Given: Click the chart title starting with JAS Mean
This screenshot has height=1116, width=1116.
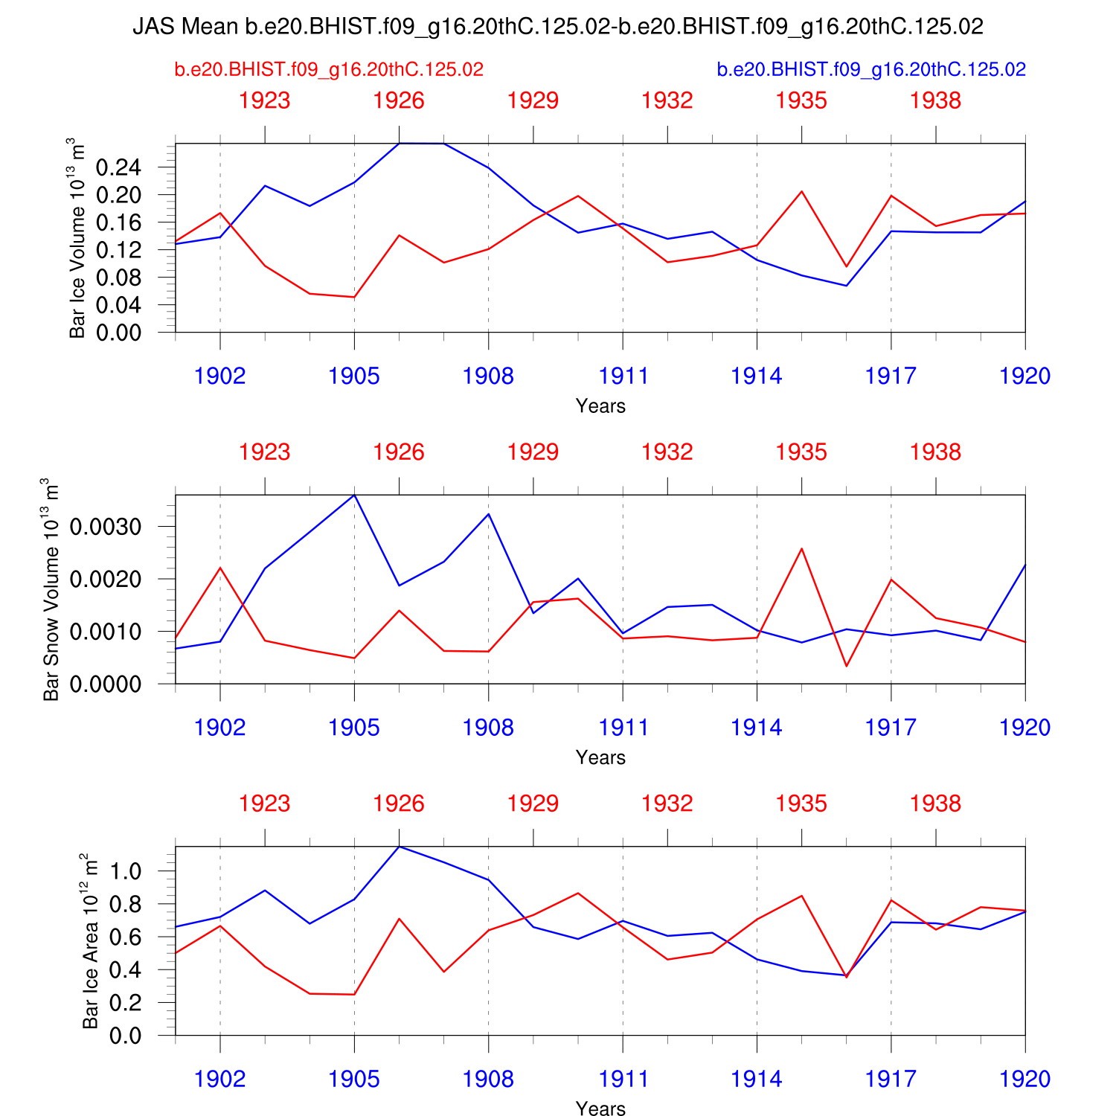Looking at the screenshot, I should pyautogui.click(x=558, y=27).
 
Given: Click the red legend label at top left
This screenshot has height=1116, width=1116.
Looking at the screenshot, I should pyautogui.click(x=329, y=70).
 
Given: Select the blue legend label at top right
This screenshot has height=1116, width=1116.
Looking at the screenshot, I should pyautogui.click(x=871, y=70).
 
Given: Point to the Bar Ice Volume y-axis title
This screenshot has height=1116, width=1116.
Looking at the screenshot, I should pyautogui.click(x=77, y=238).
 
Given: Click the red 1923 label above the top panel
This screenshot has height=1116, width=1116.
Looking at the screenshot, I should pyautogui.click(x=265, y=100).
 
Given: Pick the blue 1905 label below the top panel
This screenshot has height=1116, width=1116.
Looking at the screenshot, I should pyautogui.click(x=354, y=376).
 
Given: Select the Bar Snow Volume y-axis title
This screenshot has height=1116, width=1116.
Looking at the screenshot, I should pyautogui.click(x=51, y=589).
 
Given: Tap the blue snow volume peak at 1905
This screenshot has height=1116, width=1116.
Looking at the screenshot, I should pyautogui.click(x=354, y=495).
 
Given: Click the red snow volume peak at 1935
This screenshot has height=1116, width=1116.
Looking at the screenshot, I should pyautogui.click(x=801, y=548).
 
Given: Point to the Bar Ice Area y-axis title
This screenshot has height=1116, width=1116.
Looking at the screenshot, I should pyautogui.click(x=91, y=940).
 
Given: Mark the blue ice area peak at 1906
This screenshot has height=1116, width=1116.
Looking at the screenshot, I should pyautogui.click(x=400, y=847).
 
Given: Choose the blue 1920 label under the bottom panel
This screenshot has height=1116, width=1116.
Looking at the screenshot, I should pyautogui.click(x=1024, y=1080).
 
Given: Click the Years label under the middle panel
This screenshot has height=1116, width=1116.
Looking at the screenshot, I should pyautogui.click(x=600, y=757).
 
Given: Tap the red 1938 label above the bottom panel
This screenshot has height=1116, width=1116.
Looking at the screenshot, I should pyautogui.click(x=935, y=804).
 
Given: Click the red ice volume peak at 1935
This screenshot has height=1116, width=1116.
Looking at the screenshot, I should pyautogui.click(x=801, y=191).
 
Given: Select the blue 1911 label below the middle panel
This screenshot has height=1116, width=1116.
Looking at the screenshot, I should pyautogui.click(x=623, y=728).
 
